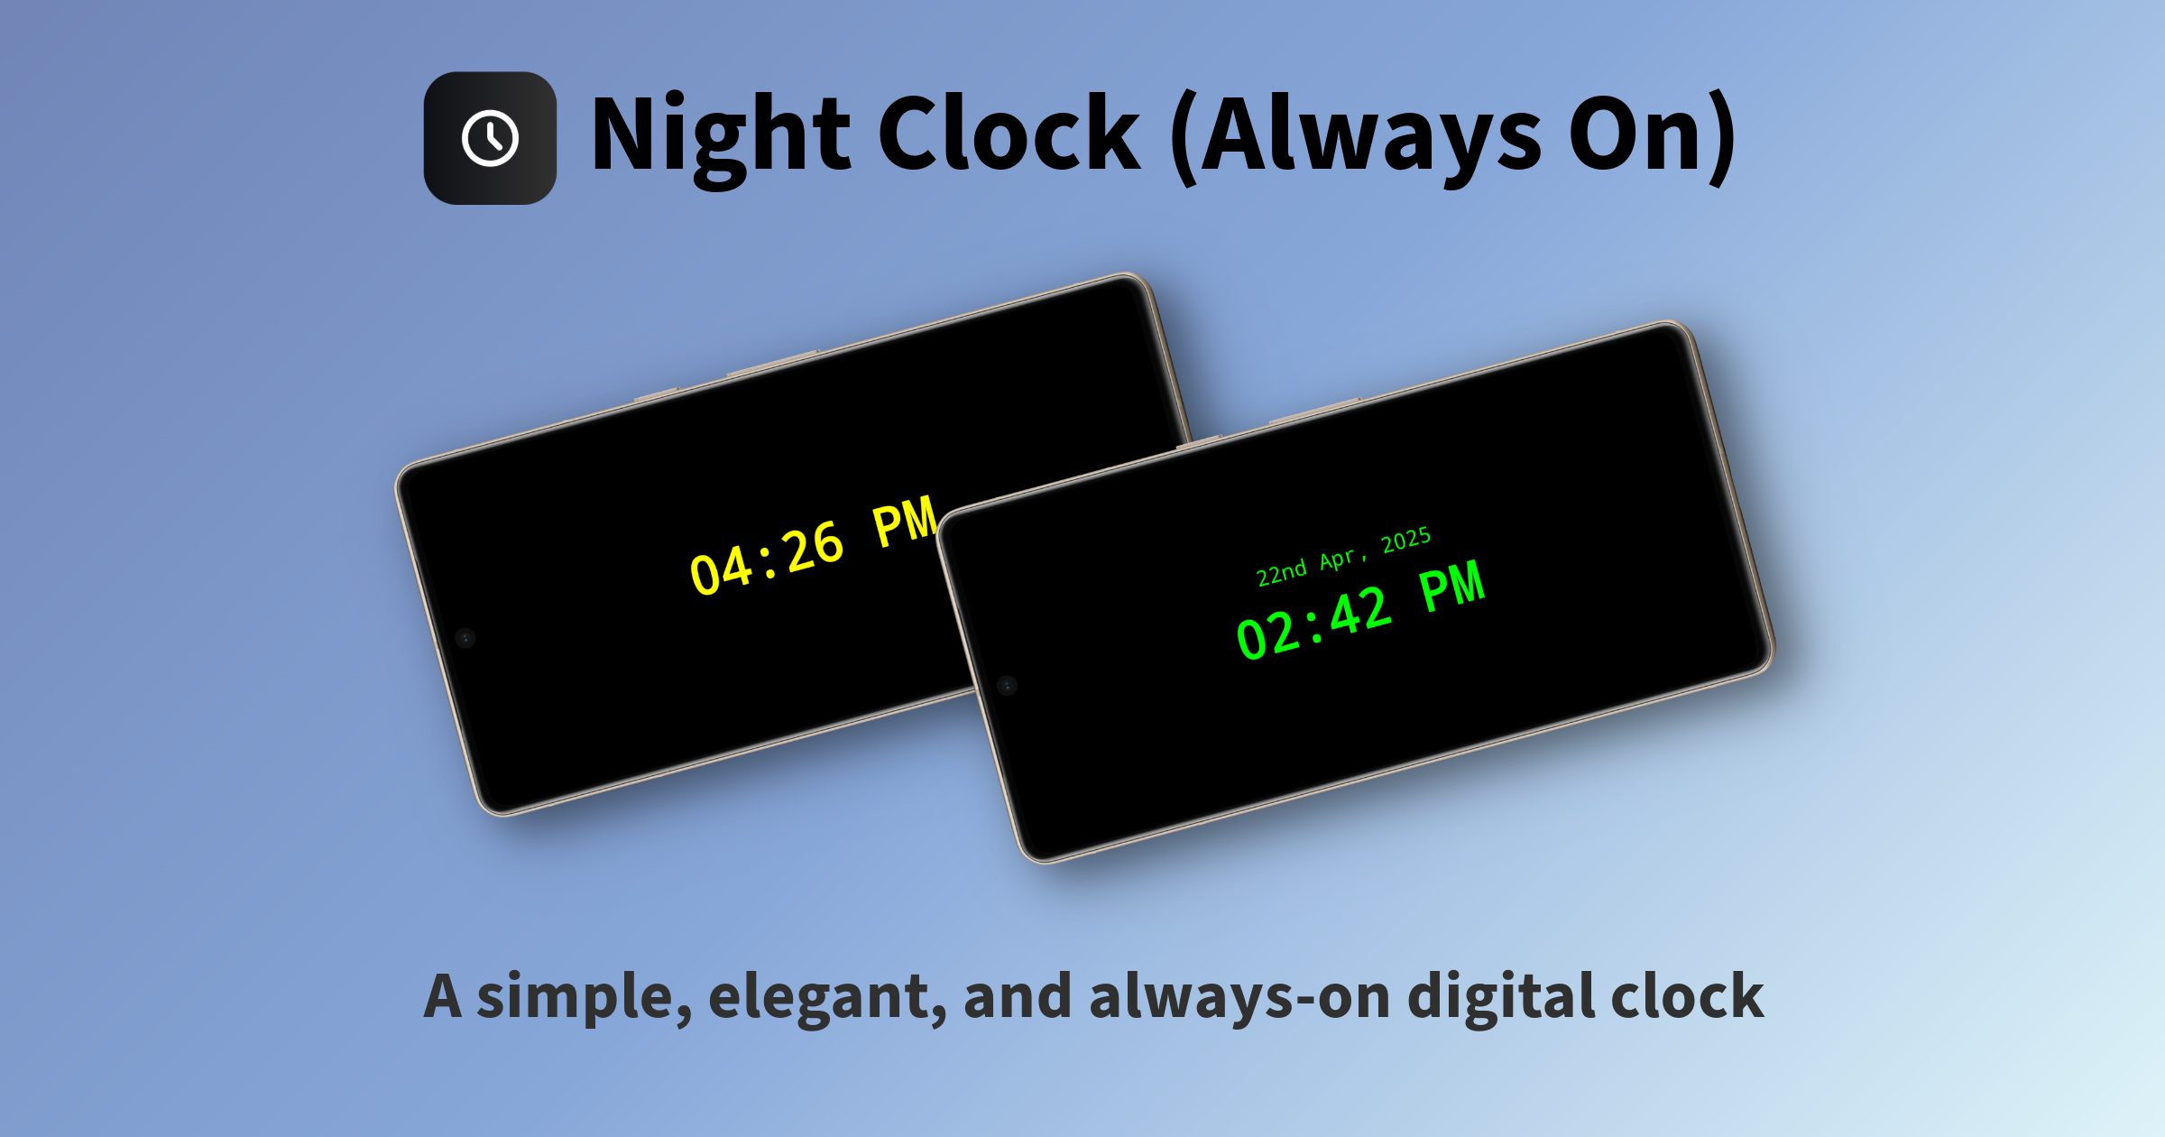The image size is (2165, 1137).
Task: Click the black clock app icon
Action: pos(490,138)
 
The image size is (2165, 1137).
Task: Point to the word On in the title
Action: pos(1643,135)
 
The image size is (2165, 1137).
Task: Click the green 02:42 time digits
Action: pos(1313,623)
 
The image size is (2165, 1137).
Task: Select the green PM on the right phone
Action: pos(1452,586)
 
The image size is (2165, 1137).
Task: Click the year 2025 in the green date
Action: pos(1406,540)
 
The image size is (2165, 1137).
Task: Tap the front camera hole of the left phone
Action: pos(465,638)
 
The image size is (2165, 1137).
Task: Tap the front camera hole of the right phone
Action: pos(1008,686)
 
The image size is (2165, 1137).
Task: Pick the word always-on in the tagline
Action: pos(1240,998)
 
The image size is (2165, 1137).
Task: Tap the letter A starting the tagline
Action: pos(443,996)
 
